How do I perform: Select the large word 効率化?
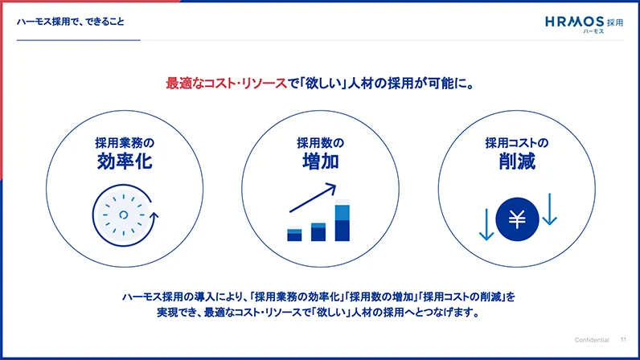124,162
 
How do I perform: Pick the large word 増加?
320,162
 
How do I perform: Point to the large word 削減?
516,162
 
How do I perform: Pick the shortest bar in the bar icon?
294,234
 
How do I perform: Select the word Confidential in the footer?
592,339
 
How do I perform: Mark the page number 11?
623,339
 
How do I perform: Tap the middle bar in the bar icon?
318,231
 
